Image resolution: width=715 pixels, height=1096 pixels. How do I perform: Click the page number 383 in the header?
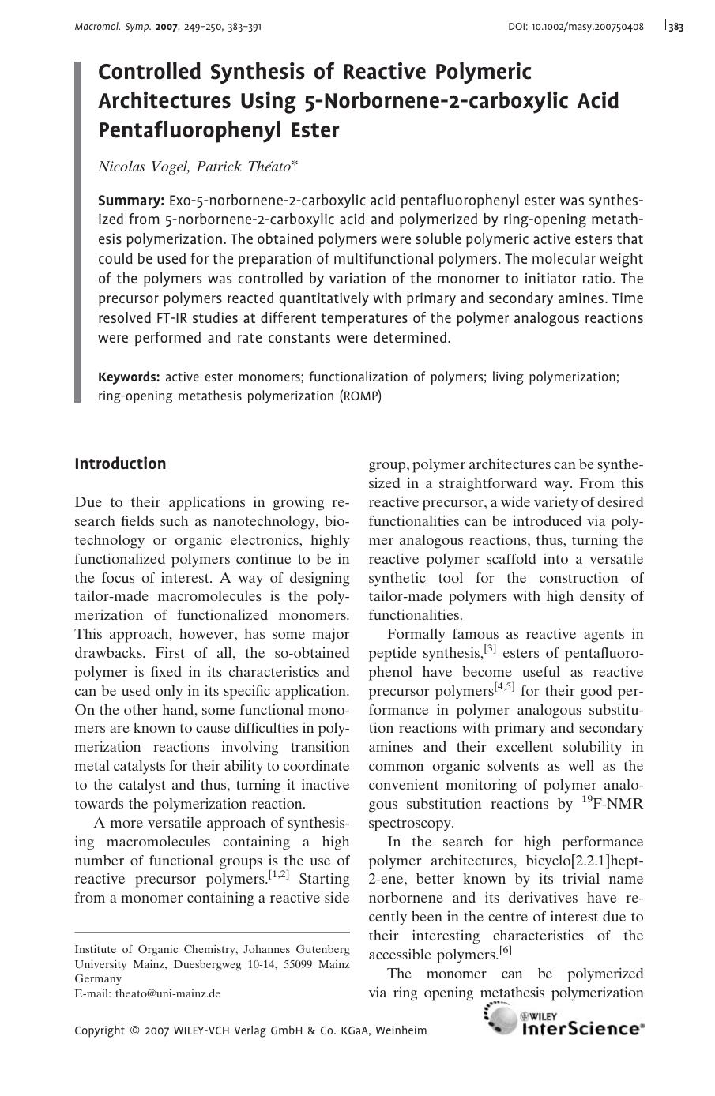pos(675,27)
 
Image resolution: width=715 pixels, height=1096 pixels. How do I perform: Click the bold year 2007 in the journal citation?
pos(167,27)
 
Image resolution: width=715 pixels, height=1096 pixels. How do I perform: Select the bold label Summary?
pos(130,201)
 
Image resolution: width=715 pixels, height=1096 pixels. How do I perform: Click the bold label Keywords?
pos(129,377)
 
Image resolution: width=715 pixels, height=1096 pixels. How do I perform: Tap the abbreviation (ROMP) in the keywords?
pos(360,396)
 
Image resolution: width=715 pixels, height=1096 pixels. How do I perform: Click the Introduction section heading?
pos(120,464)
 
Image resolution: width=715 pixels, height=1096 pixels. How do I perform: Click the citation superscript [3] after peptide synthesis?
pos(490,650)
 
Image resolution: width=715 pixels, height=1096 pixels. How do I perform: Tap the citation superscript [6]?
pos(506,951)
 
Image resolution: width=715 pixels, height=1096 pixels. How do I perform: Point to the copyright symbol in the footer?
pos(134,1030)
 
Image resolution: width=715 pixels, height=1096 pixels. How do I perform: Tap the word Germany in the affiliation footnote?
pos(98,978)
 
